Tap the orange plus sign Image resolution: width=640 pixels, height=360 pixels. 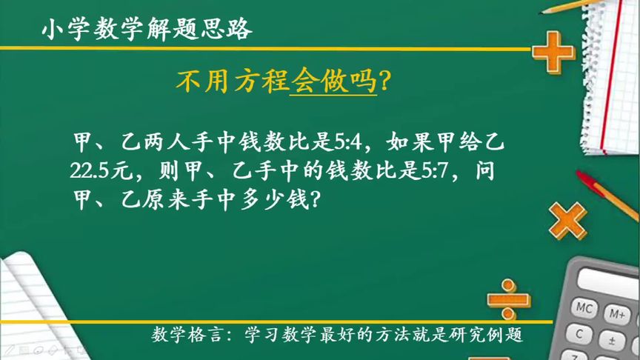(553, 51)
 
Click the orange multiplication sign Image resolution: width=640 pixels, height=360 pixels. (569, 221)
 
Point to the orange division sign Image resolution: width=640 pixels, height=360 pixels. (508, 294)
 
